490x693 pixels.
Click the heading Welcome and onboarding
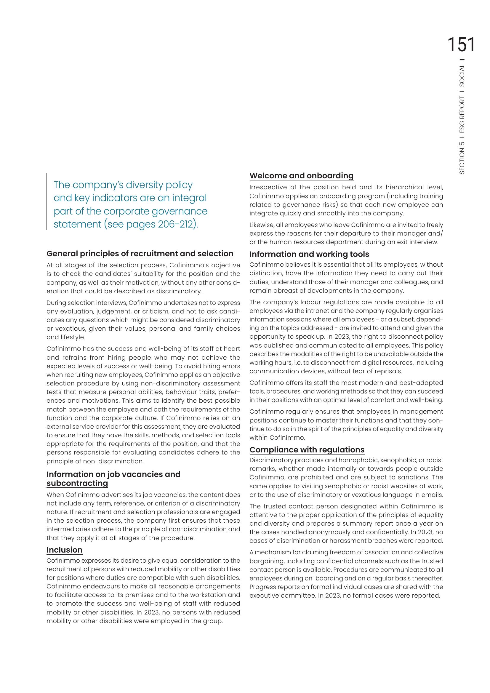tap(301, 176)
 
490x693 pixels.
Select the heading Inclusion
tap(64, 550)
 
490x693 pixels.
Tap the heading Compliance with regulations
tap(307, 450)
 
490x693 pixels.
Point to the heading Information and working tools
tap(309, 254)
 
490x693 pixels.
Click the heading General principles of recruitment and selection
tap(140, 254)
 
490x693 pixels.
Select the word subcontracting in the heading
tap(77, 483)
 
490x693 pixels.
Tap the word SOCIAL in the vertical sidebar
tap(462, 76)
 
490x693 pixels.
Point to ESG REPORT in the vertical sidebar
tap(462, 115)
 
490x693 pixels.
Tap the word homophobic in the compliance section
tap(358, 460)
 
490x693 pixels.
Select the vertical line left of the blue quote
tap(47, 201)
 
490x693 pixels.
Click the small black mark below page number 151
tap(463, 59)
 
